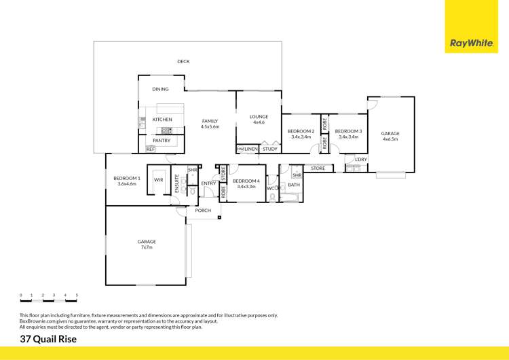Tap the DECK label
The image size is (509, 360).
point(183,62)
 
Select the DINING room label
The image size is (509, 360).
point(160,89)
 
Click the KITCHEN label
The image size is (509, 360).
point(162,120)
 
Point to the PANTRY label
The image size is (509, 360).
point(162,141)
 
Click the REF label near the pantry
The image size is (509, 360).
point(150,149)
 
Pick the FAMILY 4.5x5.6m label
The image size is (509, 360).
point(210,124)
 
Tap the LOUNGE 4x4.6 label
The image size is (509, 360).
point(259,120)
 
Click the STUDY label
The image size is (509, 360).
point(269,149)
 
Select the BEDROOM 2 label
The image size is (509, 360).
point(301,134)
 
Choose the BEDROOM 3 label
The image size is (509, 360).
point(348,134)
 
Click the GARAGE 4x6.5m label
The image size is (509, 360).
point(390,137)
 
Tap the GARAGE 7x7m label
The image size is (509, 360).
point(147,245)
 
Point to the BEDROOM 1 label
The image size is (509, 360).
point(127,181)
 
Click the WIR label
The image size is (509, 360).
point(158,180)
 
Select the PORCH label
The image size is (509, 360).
point(203,211)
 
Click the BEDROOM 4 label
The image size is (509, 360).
point(244,183)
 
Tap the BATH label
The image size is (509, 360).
point(294,185)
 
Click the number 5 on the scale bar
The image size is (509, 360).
point(77,295)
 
